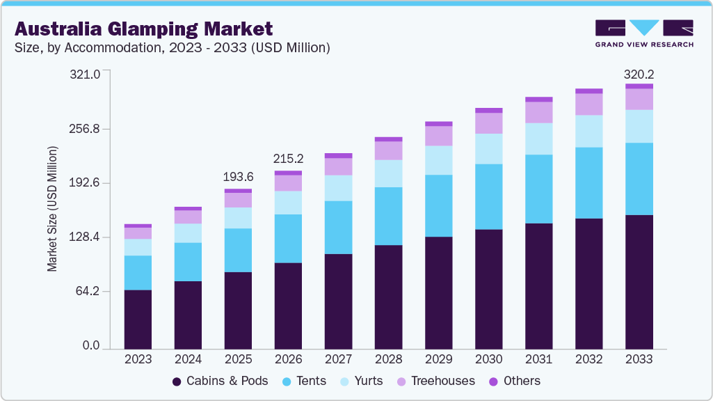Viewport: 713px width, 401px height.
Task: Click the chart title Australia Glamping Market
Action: point(143,29)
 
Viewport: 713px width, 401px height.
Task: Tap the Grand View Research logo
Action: point(643,33)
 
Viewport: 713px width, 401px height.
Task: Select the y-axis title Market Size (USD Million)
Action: point(52,209)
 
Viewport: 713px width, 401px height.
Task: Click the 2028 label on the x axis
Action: point(388,359)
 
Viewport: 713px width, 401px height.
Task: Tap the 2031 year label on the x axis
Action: point(538,359)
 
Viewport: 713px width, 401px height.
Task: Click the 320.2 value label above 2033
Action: point(639,74)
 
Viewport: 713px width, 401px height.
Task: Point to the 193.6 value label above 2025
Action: point(238,177)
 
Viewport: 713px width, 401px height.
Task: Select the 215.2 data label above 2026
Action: point(288,159)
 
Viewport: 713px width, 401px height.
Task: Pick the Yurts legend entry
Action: point(360,381)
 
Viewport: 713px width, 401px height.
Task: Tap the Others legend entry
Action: point(514,381)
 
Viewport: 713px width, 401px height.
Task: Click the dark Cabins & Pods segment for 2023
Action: point(138,319)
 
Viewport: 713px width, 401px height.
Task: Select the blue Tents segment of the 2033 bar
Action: point(639,179)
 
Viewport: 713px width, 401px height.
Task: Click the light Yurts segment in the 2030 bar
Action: point(488,148)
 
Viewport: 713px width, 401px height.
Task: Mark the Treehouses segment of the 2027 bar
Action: point(338,166)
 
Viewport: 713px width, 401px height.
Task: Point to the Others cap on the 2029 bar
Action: point(438,124)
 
